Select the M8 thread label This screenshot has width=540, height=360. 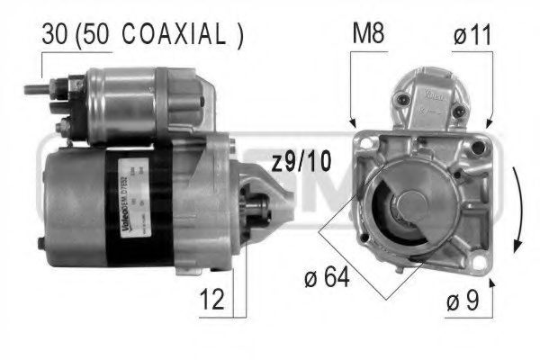pyautogui.click(x=367, y=36)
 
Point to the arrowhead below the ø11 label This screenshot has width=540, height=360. pyautogui.click(x=490, y=122)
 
